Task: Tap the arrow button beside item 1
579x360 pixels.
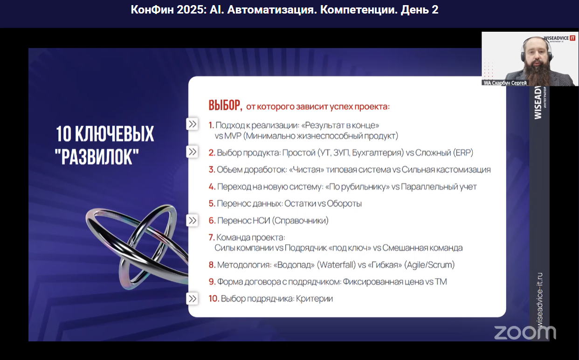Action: point(192,124)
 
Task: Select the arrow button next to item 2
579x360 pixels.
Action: point(192,152)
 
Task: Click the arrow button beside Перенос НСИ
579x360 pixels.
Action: point(192,220)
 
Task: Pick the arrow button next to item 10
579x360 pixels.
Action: point(192,298)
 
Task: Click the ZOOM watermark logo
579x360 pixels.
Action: point(525,332)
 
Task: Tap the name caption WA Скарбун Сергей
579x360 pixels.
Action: point(505,83)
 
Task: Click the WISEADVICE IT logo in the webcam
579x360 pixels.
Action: point(559,38)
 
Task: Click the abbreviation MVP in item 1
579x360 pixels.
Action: point(233,136)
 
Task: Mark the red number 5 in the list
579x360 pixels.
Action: point(212,204)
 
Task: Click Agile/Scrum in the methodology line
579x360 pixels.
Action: point(428,265)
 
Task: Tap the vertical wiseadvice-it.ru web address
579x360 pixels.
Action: point(539,298)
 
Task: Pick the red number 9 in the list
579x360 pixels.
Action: point(212,282)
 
